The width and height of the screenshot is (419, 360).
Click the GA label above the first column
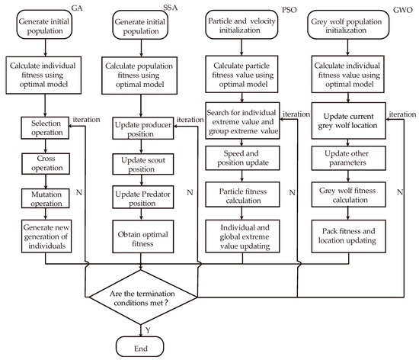[x=77, y=8]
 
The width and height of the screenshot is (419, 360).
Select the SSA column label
[x=170, y=8]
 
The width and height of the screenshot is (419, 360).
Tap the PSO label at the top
[x=289, y=10]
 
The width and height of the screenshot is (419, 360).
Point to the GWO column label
[x=403, y=10]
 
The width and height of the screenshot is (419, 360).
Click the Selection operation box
[x=45, y=128]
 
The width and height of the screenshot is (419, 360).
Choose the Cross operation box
[x=46, y=164]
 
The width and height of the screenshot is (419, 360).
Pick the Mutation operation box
[x=46, y=198]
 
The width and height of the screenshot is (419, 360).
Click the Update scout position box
[x=143, y=164]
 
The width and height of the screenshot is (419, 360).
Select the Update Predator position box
[x=143, y=198]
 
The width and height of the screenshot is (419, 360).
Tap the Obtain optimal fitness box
[x=143, y=236]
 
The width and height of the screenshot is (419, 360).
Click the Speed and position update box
[x=242, y=158]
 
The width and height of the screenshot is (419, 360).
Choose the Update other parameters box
[x=348, y=158]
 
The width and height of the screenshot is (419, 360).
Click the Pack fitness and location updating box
[x=348, y=236]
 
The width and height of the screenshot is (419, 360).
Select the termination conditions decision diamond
[x=142, y=297]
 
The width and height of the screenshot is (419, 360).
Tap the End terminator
[x=139, y=346]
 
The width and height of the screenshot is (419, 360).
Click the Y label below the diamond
[x=148, y=330]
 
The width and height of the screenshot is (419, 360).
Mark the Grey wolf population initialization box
[x=348, y=25]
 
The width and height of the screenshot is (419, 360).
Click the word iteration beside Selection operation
[x=86, y=120]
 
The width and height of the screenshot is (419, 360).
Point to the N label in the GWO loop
[x=400, y=192]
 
